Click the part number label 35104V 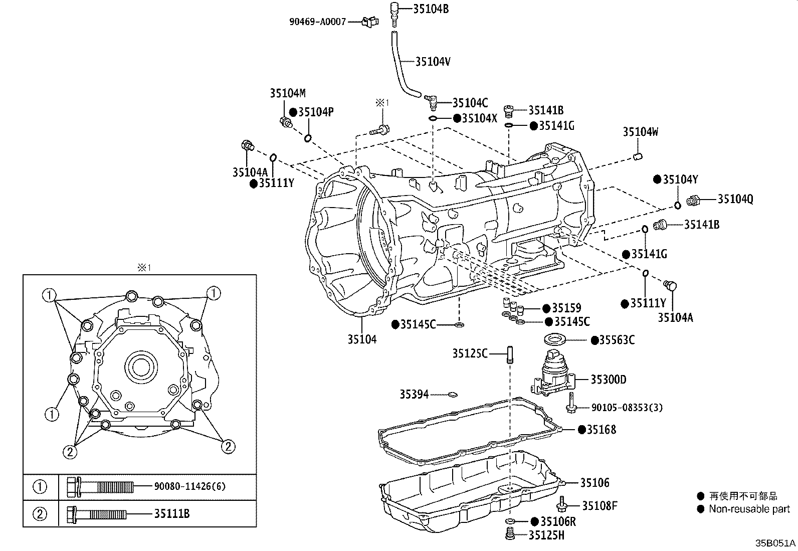[x=433, y=62]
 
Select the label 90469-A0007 [x=317, y=22]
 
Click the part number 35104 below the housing [x=362, y=339]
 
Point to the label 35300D [x=608, y=380]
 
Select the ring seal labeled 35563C [x=555, y=339]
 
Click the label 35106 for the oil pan [x=595, y=483]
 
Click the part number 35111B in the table [x=171, y=514]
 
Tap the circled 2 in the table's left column [x=40, y=514]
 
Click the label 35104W [x=640, y=132]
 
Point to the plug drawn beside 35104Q [x=694, y=200]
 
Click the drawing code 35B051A [x=775, y=543]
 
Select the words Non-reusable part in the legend [x=749, y=509]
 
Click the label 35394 [x=414, y=395]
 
